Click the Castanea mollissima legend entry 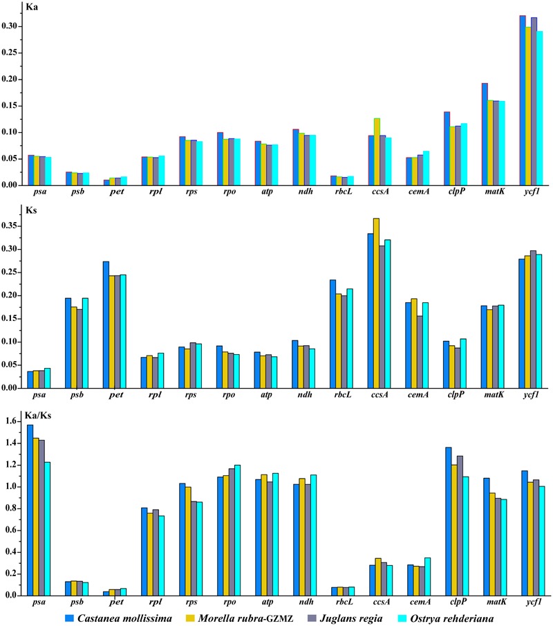[118, 618]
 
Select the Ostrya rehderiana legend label [452, 618]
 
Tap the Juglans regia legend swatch [312, 618]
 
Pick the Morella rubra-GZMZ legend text [246, 618]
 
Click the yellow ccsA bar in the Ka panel [377, 151]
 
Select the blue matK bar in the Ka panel [485, 134]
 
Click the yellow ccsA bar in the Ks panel [376, 303]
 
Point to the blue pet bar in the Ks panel [106, 324]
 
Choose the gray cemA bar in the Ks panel [420, 351]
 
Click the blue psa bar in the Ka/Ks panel [30, 510]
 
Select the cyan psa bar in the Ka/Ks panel [48, 528]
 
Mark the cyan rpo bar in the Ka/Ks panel [237, 530]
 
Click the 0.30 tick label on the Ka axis [9, 26]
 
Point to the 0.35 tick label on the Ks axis [9, 226]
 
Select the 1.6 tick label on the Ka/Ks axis [11, 421]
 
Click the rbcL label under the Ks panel [343, 395]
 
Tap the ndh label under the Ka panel [306, 191]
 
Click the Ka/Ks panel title [38, 416]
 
